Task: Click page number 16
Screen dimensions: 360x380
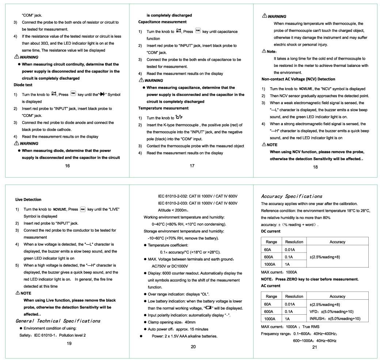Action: coord(67,166)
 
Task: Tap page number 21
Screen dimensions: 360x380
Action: coord(315,347)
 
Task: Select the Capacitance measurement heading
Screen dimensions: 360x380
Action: coord(162,22)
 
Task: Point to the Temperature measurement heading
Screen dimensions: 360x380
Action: coord(163,108)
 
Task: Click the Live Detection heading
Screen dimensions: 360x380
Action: coord(28,200)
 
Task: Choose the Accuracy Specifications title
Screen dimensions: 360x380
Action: coord(292,196)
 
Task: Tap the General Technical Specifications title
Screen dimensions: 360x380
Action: coord(58,321)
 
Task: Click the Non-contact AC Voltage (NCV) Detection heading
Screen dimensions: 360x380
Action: coord(298,79)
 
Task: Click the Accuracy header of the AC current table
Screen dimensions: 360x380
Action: coord(337,296)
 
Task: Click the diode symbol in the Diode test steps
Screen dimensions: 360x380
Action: coord(102,95)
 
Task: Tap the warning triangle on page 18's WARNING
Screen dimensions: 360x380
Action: coord(264,16)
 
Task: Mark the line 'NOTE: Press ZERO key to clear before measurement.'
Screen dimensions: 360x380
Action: coord(309,279)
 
